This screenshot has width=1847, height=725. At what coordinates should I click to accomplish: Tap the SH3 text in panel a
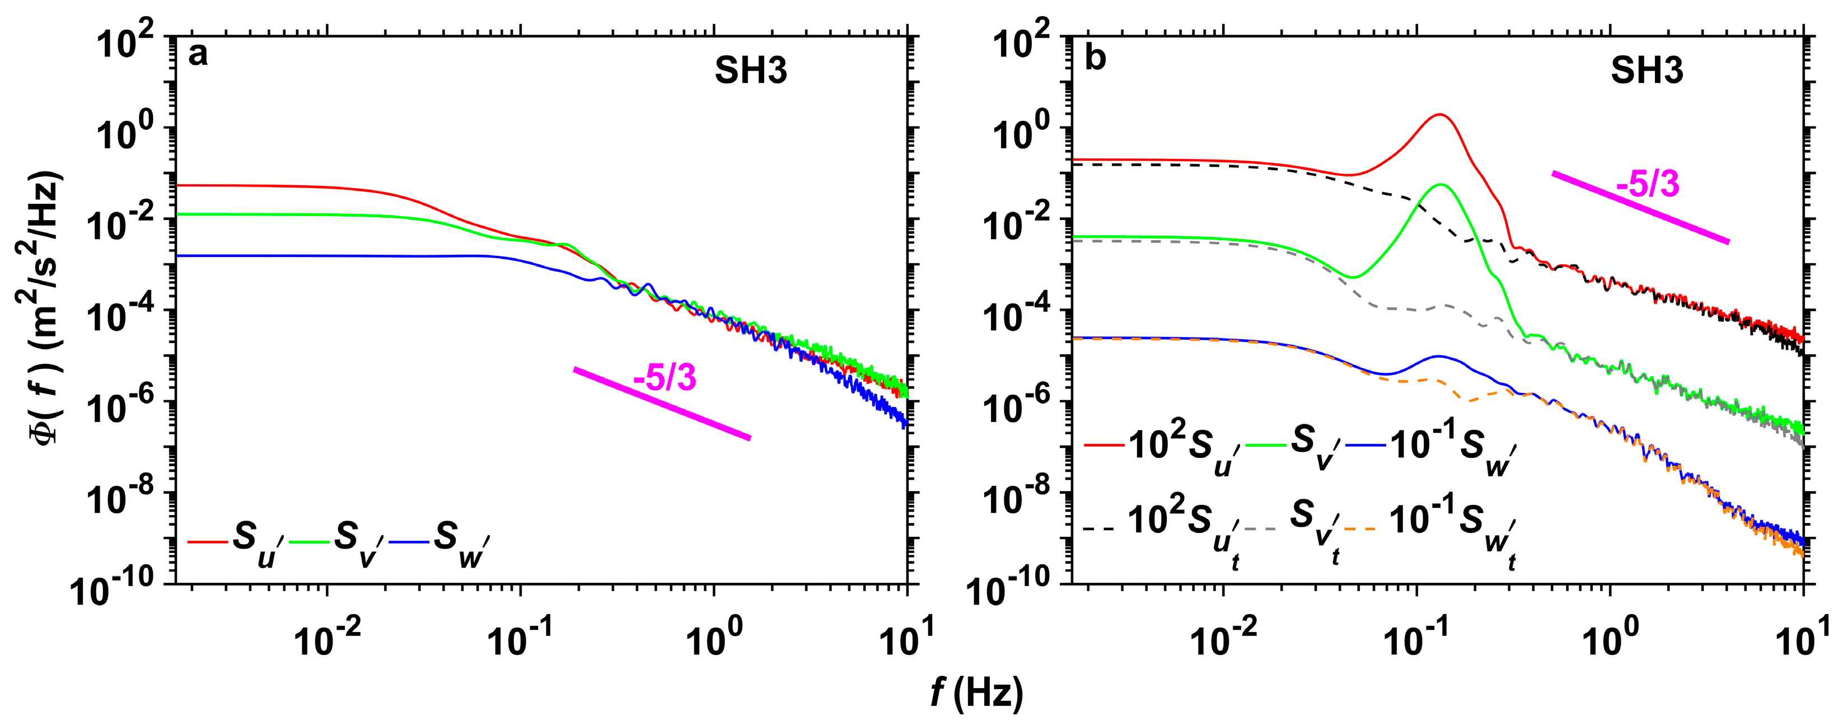[x=751, y=72]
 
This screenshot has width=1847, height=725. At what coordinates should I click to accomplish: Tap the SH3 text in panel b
[x=1647, y=72]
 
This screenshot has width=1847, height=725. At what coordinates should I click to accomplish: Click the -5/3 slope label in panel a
[x=665, y=378]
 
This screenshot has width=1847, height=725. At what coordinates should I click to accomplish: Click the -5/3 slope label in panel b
[x=1648, y=185]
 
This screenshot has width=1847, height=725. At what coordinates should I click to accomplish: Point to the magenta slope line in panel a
[x=662, y=404]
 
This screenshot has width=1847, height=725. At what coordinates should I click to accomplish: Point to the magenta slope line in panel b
[x=1640, y=208]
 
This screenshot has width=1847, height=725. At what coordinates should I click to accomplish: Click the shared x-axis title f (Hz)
[x=976, y=694]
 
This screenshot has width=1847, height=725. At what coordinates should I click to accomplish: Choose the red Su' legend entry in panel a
[x=237, y=544]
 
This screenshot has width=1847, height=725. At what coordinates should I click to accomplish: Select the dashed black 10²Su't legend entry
[x=1162, y=529]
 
